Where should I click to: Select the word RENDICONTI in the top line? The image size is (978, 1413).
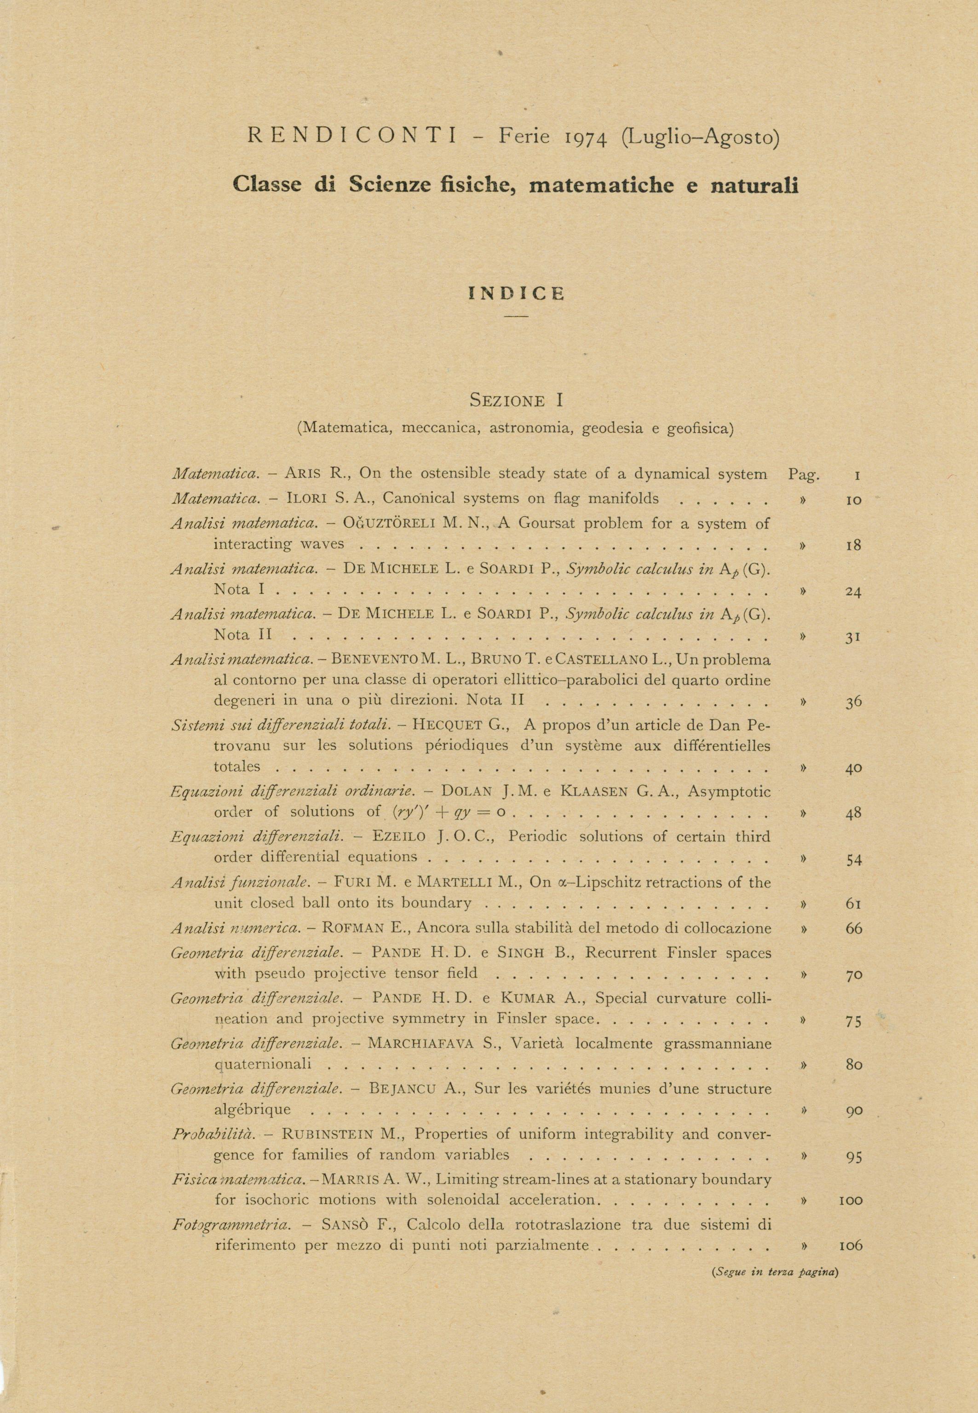pos(352,136)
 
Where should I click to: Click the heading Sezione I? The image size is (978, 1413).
pos(516,401)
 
